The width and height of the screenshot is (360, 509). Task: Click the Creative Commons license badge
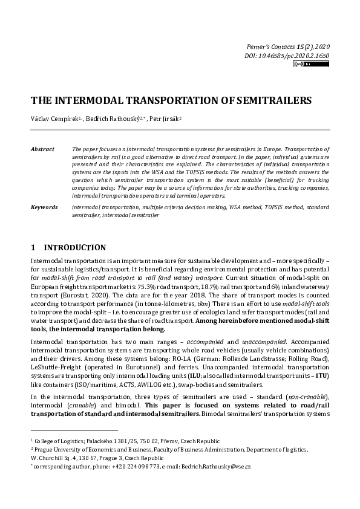pos(303,63)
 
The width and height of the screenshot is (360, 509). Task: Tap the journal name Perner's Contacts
pos(271,47)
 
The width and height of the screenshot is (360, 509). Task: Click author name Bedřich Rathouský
pos(116,118)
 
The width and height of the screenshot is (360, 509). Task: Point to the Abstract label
pos(42,149)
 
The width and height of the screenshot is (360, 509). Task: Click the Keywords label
pos(44,207)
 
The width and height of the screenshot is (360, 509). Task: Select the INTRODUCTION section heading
pos(74,247)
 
